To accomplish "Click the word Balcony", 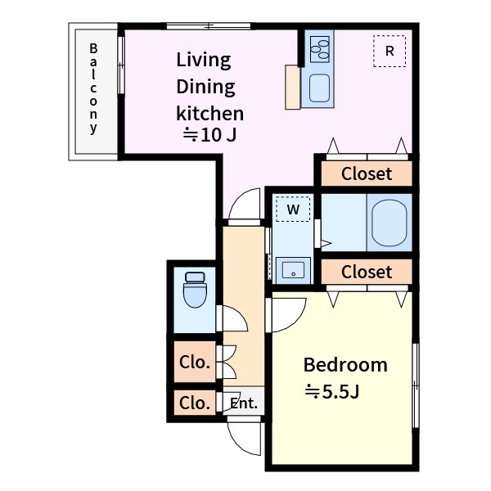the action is pyautogui.click(x=93, y=88).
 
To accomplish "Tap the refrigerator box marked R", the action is pyautogui.click(x=390, y=51).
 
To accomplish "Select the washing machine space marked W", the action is pyautogui.click(x=293, y=209).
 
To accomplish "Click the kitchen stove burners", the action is pyautogui.click(x=320, y=49).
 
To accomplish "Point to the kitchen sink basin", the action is pyautogui.click(x=319, y=88).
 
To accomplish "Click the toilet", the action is pyautogui.click(x=195, y=290).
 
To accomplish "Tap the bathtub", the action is pyautogui.click(x=390, y=223).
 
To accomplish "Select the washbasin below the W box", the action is pyautogui.click(x=293, y=270).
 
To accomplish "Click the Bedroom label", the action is pyautogui.click(x=345, y=365).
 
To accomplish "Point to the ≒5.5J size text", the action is pyautogui.click(x=332, y=391).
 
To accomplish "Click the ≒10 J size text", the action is pyautogui.click(x=209, y=135).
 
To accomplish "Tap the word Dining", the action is pyautogui.click(x=205, y=87).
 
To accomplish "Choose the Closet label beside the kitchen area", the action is pyautogui.click(x=367, y=173).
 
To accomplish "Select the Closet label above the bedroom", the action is pyautogui.click(x=367, y=272).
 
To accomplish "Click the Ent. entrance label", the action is pyautogui.click(x=244, y=403).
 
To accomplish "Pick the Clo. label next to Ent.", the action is pyautogui.click(x=195, y=403).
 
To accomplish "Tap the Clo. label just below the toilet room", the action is pyautogui.click(x=195, y=363).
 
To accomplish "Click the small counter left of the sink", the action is pyautogui.click(x=293, y=87).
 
